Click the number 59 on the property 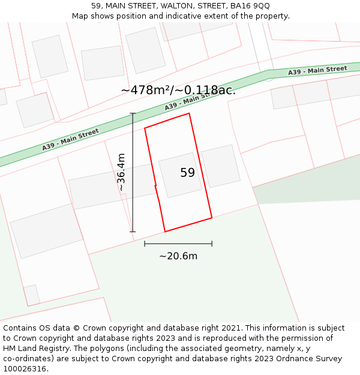click(187, 173)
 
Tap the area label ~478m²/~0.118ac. click(178, 91)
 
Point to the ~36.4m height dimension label click(121, 172)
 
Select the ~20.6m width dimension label click(178, 256)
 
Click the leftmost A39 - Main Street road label click(70, 140)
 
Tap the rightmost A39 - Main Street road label click(317, 71)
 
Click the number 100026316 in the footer click(25, 369)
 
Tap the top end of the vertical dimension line click(133, 113)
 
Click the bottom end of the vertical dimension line click(133, 232)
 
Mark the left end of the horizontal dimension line click(145, 244)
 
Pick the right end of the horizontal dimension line click(212, 244)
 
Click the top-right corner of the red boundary click(190, 113)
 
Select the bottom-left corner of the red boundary click(165, 232)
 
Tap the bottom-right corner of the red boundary click(212, 218)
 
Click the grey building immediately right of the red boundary click(220, 166)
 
